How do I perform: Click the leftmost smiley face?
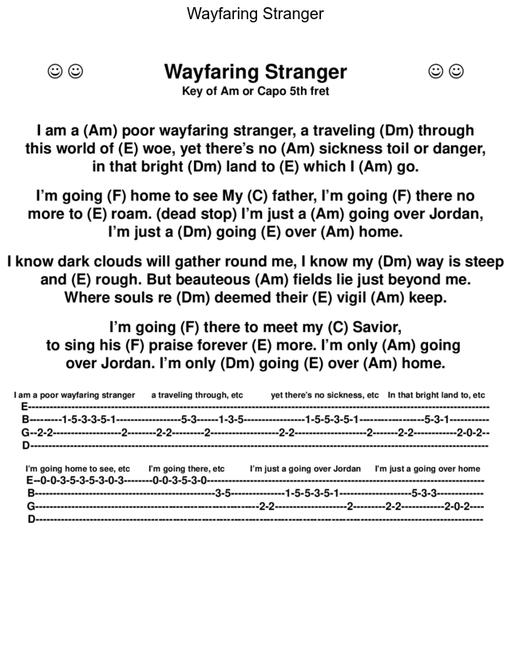[x=56, y=72]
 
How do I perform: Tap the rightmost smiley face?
[x=456, y=72]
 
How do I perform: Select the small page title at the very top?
[x=255, y=14]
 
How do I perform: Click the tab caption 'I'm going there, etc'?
[x=186, y=469]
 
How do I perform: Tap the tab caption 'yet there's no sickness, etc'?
[x=324, y=395]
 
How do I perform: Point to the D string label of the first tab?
[x=26, y=445]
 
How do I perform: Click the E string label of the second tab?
[x=30, y=481]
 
